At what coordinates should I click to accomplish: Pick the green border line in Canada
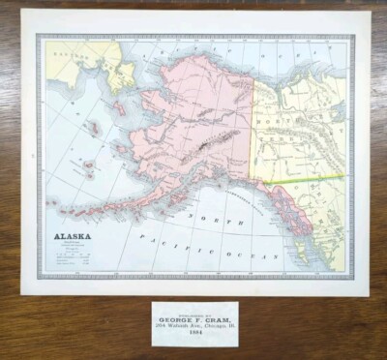coord(310,178)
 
